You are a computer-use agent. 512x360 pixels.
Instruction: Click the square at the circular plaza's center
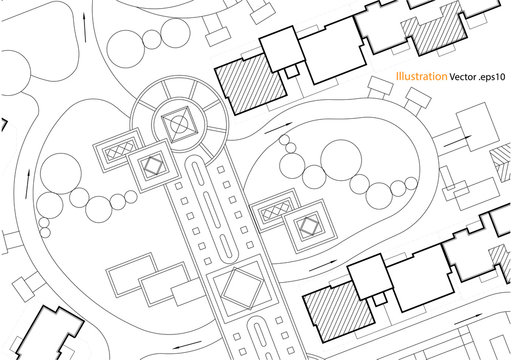179,125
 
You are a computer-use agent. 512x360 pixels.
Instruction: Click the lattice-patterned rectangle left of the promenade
116,150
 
